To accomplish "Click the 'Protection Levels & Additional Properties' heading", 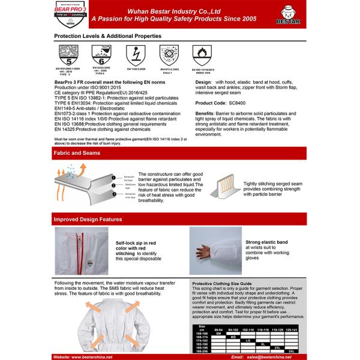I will [109, 37].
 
